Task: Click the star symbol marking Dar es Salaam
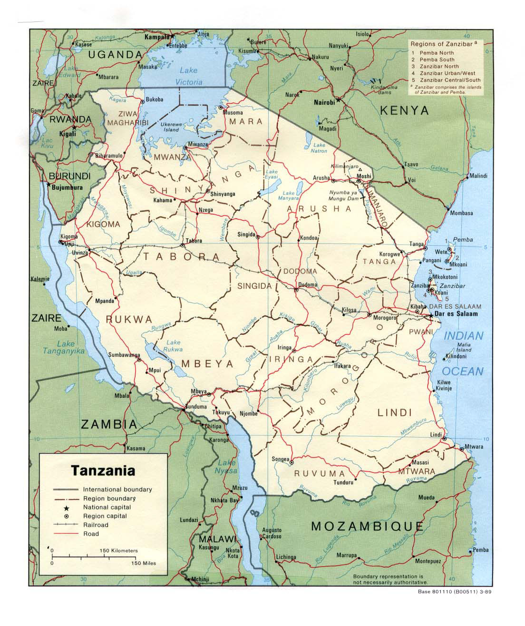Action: [x=431, y=315]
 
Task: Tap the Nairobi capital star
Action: [x=338, y=100]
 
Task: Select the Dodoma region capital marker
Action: [x=296, y=290]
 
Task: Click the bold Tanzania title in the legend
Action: [x=103, y=471]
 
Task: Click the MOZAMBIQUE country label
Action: [x=367, y=526]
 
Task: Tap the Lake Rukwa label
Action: [x=173, y=346]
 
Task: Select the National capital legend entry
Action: [x=107, y=507]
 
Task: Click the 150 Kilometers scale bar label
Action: [x=118, y=550]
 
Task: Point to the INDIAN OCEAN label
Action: [x=463, y=353]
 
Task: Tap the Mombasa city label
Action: [x=461, y=213]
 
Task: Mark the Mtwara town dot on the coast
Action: [x=462, y=448]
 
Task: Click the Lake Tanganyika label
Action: [x=70, y=347]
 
